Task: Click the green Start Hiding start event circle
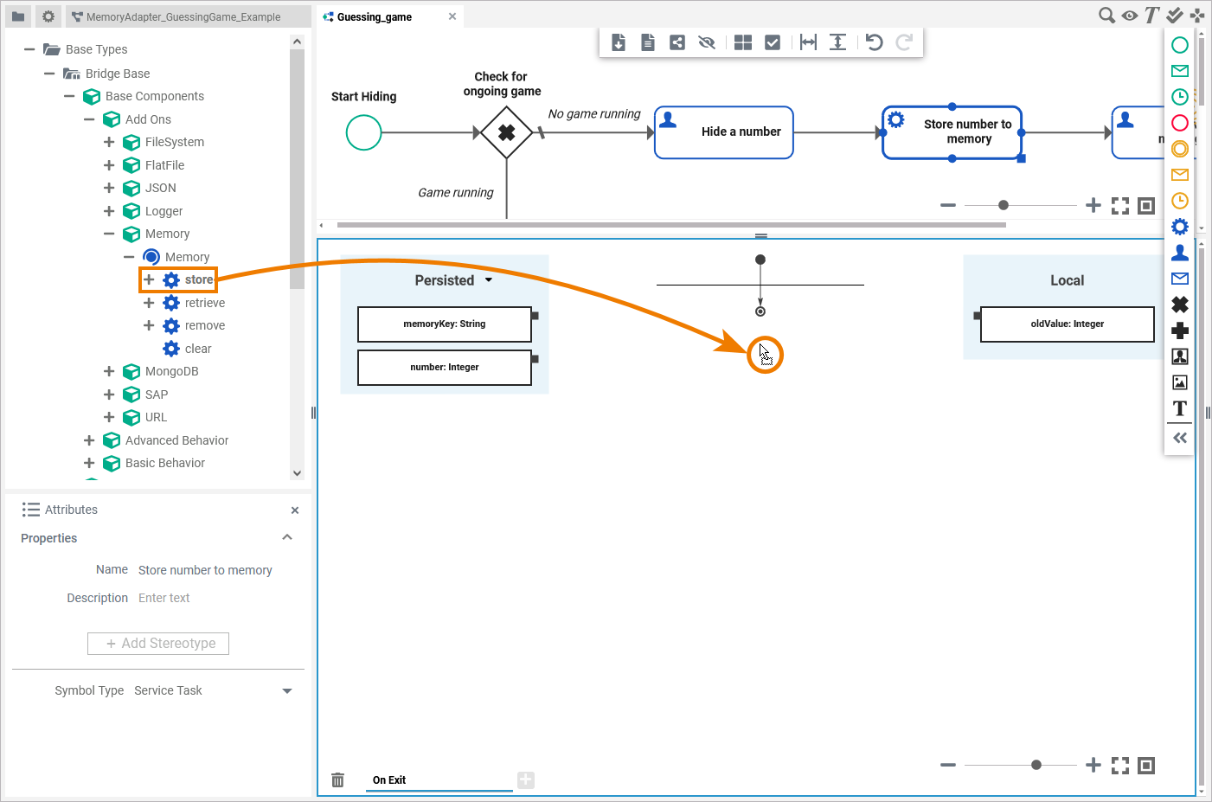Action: [x=363, y=132]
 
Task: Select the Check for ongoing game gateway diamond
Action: [x=506, y=132]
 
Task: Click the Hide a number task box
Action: [x=724, y=132]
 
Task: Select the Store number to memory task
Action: [x=952, y=132]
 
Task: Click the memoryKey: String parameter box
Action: [x=444, y=324]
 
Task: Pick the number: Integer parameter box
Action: [x=444, y=368]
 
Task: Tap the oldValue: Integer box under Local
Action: [x=1067, y=324]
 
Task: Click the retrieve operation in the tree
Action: [x=204, y=303]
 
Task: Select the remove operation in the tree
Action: [x=204, y=325]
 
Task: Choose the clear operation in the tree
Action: [x=197, y=349]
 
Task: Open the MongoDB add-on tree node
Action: [x=171, y=371]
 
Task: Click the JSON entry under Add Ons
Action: [x=160, y=188]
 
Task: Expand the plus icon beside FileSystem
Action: [x=109, y=142]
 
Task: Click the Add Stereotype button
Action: [x=158, y=644]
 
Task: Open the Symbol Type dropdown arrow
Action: [x=287, y=691]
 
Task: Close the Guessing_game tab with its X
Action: [x=452, y=16]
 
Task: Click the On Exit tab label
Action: [x=389, y=780]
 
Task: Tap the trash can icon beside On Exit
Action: [x=337, y=780]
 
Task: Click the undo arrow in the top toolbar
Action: [x=875, y=42]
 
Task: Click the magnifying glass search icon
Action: [x=1106, y=15]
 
